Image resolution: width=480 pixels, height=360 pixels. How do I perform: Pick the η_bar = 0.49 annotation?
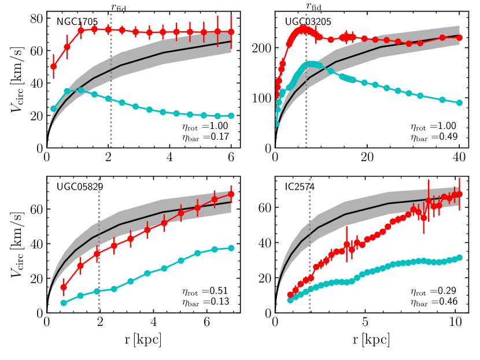[434, 137]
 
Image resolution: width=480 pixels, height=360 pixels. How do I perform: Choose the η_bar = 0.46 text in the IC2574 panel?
[434, 302]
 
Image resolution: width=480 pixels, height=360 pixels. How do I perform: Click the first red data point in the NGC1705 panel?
[54, 66]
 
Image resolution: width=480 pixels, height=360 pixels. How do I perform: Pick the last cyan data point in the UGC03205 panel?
[459, 103]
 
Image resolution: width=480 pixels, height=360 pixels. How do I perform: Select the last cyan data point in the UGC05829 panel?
[231, 248]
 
